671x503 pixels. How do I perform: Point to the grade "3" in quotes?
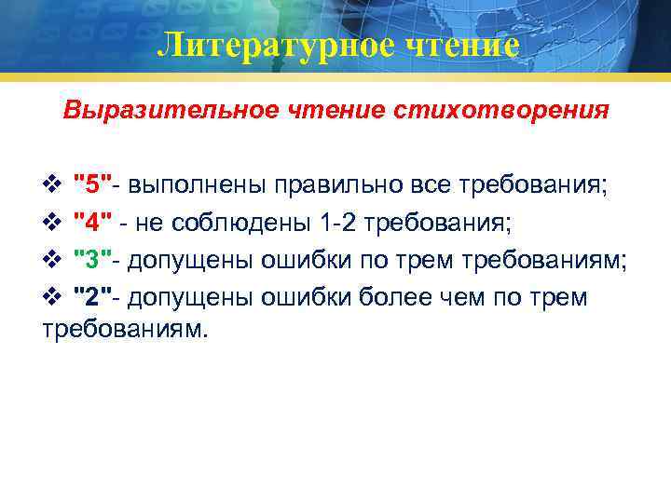tap(93, 258)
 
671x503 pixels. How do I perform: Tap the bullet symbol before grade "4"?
tap(52, 222)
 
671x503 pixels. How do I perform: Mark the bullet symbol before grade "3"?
tap(52, 259)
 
